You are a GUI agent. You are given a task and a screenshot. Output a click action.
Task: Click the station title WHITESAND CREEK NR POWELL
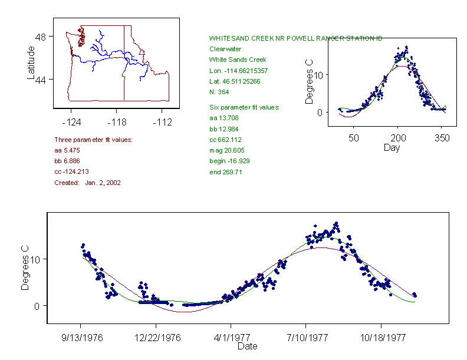click(x=295, y=38)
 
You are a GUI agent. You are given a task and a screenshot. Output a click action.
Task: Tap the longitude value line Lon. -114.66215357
click(x=238, y=71)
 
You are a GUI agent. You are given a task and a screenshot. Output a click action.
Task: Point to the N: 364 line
click(x=219, y=92)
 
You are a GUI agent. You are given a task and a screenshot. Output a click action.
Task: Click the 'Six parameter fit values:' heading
click(x=244, y=107)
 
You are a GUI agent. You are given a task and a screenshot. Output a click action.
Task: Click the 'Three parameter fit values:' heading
click(x=93, y=140)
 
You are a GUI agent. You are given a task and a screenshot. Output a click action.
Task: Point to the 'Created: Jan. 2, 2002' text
click(x=87, y=183)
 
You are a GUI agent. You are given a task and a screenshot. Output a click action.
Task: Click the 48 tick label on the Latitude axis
click(x=41, y=37)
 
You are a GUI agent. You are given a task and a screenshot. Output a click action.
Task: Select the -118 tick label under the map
click(x=116, y=123)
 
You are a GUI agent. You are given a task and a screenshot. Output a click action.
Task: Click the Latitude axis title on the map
click(x=31, y=62)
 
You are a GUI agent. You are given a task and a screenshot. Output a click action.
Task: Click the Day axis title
click(x=392, y=147)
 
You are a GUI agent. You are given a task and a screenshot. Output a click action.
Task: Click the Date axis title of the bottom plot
click(x=247, y=346)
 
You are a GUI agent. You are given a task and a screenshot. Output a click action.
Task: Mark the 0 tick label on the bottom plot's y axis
click(x=36, y=306)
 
